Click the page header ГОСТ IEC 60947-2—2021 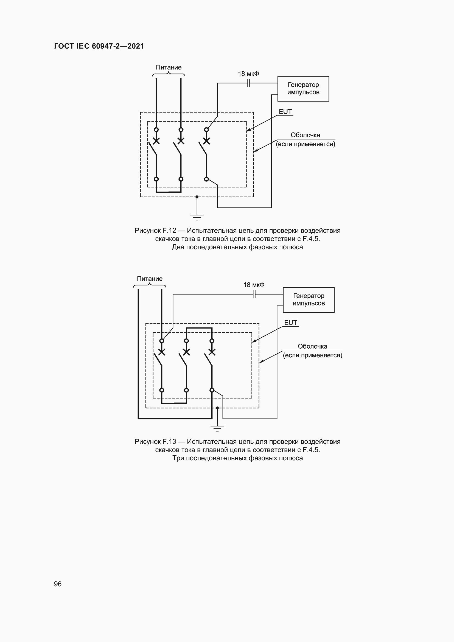click(x=99, y=46)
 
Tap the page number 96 click(x=58, y=584)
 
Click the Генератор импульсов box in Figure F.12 click(x=303, y=89)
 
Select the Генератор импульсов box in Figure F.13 click(x=308, y=300)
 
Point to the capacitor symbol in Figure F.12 click(x=248, y=83)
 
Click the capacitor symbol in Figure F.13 click(x=254, y=294)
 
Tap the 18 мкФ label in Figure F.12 click(x=248, y=74)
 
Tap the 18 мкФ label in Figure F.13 click(x=254, y=285)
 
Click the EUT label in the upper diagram click(x=285, y=111)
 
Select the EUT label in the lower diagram click(x=290, y=323)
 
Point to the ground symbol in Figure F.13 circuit click(x=217, y=428)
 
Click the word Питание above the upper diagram click(x=169, y=68)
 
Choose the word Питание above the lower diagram click(x=150, y=279)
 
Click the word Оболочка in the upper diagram click(x=305, y=135)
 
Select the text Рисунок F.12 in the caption click(x=155, y=231)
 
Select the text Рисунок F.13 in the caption click(x=155, y=442)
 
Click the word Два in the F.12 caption click(x=178, y=247)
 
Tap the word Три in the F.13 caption click(x=178, y=458)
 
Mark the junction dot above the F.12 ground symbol click(x=197, y=197)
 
